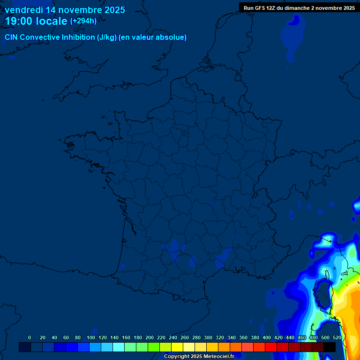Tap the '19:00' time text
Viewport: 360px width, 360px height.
pyautogui.click(x=19, y=22)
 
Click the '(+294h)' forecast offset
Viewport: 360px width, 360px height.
pyautogui.click(x=83, y=21)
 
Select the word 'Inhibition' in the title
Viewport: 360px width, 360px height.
pyautogui.click(x=78, y=37)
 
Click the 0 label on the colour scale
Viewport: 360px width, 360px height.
pyautogui.click(x=30, y=337)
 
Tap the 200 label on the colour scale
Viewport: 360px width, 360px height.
pyautogui.click(x=150, y=337)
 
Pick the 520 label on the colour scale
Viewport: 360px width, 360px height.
pyautogui.click(x=337, y=337)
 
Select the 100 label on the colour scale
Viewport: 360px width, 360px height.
pyautogui.click(x=90, y=337)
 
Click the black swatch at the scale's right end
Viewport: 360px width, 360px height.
pyautogui.click(x=330, y=347)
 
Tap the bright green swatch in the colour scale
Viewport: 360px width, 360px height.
pyautogui.click(x=154, y=347)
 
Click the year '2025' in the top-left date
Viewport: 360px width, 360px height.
pyautogui.click(x=113, y=10)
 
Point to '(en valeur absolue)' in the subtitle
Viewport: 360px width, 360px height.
pyautogui.click(x=152, y=37)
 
